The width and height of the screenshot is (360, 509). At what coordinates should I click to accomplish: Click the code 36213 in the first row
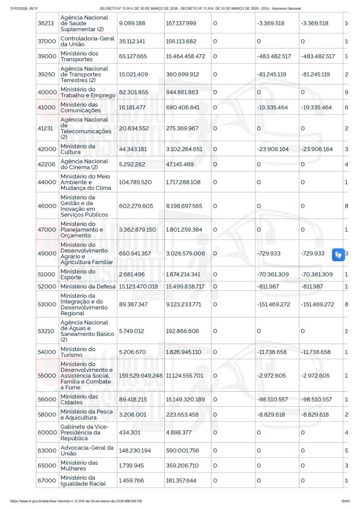pos(47,23)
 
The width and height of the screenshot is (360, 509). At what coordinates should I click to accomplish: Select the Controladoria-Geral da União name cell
pos(87,41)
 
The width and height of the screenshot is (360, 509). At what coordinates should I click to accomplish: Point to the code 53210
pos(47,331)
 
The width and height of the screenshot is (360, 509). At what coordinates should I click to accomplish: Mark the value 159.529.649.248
pos(141,376)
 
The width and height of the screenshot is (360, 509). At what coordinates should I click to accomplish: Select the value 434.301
pos(128,432)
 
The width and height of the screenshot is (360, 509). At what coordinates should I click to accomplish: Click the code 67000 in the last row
pos(47,481)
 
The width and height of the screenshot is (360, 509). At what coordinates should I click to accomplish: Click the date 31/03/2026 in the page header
pos(24,8)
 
